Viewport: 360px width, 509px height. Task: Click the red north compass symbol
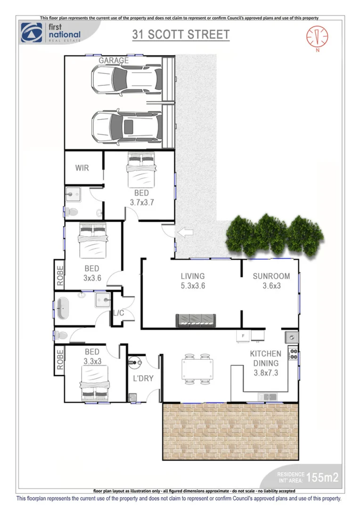pos(317,36)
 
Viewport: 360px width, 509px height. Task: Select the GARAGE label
pos(114,60)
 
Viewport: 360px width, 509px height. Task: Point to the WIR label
pos(82,168)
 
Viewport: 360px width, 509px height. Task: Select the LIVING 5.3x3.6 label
pos(193,280)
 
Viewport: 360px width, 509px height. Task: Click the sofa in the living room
pos(196,320)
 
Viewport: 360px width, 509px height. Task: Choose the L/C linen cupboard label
pos(118,312)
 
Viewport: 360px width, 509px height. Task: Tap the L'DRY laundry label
pos(143,378)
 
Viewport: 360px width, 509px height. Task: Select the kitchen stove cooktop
pos(293,353)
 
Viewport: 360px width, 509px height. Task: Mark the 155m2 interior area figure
pos(322,477)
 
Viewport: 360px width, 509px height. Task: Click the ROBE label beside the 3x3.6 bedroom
pos(60,275)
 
